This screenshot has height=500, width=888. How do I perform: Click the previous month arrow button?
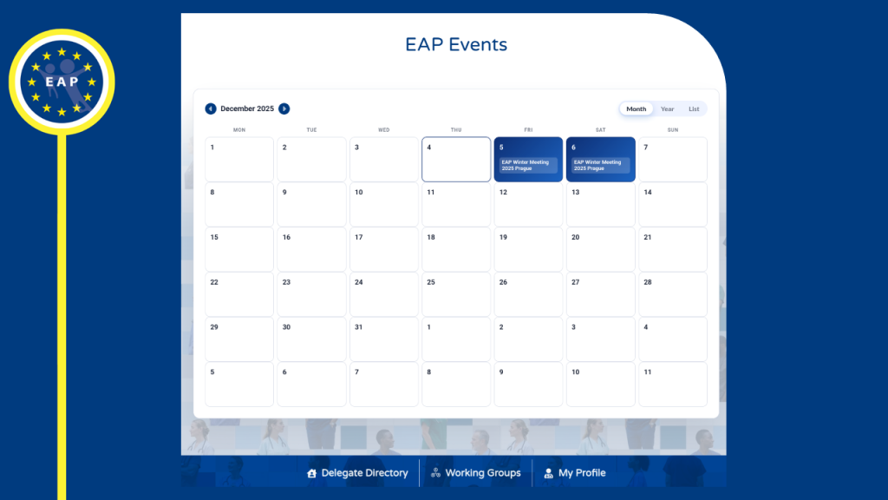[x=211, y=109]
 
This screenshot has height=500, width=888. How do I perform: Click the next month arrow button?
[x=284, y=109]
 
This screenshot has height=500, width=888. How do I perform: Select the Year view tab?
[x=667, y=109]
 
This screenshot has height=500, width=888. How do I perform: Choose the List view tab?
[x=694, y=109]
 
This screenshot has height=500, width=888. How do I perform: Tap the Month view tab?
[x=637, y=109]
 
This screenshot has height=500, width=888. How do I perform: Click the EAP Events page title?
[x=456, y=44]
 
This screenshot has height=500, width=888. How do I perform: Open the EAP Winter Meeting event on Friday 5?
[x=528, y=165]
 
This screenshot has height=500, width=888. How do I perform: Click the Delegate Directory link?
[x=357, y=473]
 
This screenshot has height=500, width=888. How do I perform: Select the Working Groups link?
[x=476, y=473]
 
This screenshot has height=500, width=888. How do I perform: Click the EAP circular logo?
[x=62, y=82]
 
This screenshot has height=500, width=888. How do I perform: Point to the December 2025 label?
[x=247, y=109]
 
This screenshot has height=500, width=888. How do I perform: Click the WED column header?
[x=383, y=130]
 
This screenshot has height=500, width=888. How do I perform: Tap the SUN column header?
[x=672, y=130]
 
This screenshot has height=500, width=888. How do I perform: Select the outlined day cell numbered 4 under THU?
[x=456, y=160]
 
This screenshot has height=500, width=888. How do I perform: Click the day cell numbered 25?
[x=456, y=294]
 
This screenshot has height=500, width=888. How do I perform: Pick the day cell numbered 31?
[x=383, y=339]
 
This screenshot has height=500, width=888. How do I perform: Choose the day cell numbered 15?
[x=239, y=249]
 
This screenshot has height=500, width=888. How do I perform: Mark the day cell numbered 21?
[x=672, y=249]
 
